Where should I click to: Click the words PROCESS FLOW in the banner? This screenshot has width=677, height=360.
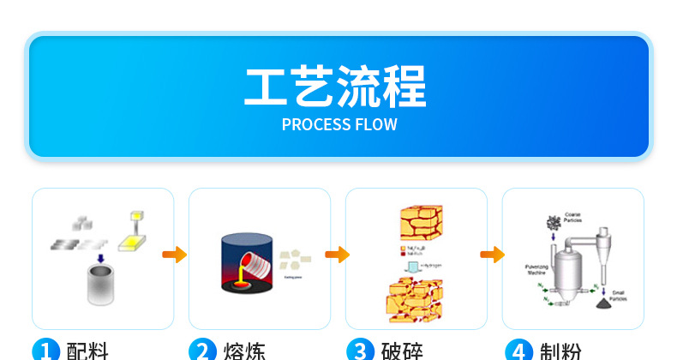click(339, 124)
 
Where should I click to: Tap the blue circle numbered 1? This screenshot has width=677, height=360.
click(45, 350)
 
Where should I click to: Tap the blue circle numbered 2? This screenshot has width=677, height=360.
click(202, 350)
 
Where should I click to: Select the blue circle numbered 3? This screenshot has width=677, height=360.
click(359, 350)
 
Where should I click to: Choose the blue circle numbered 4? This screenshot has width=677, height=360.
click(518, 350)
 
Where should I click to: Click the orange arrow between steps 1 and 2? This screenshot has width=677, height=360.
click(175, 255)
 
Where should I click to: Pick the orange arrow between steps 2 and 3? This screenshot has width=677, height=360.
click(338, 255)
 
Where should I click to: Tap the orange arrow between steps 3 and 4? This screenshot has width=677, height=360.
click(492, 255)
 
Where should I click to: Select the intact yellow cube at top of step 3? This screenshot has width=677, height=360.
click(428, 224)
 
